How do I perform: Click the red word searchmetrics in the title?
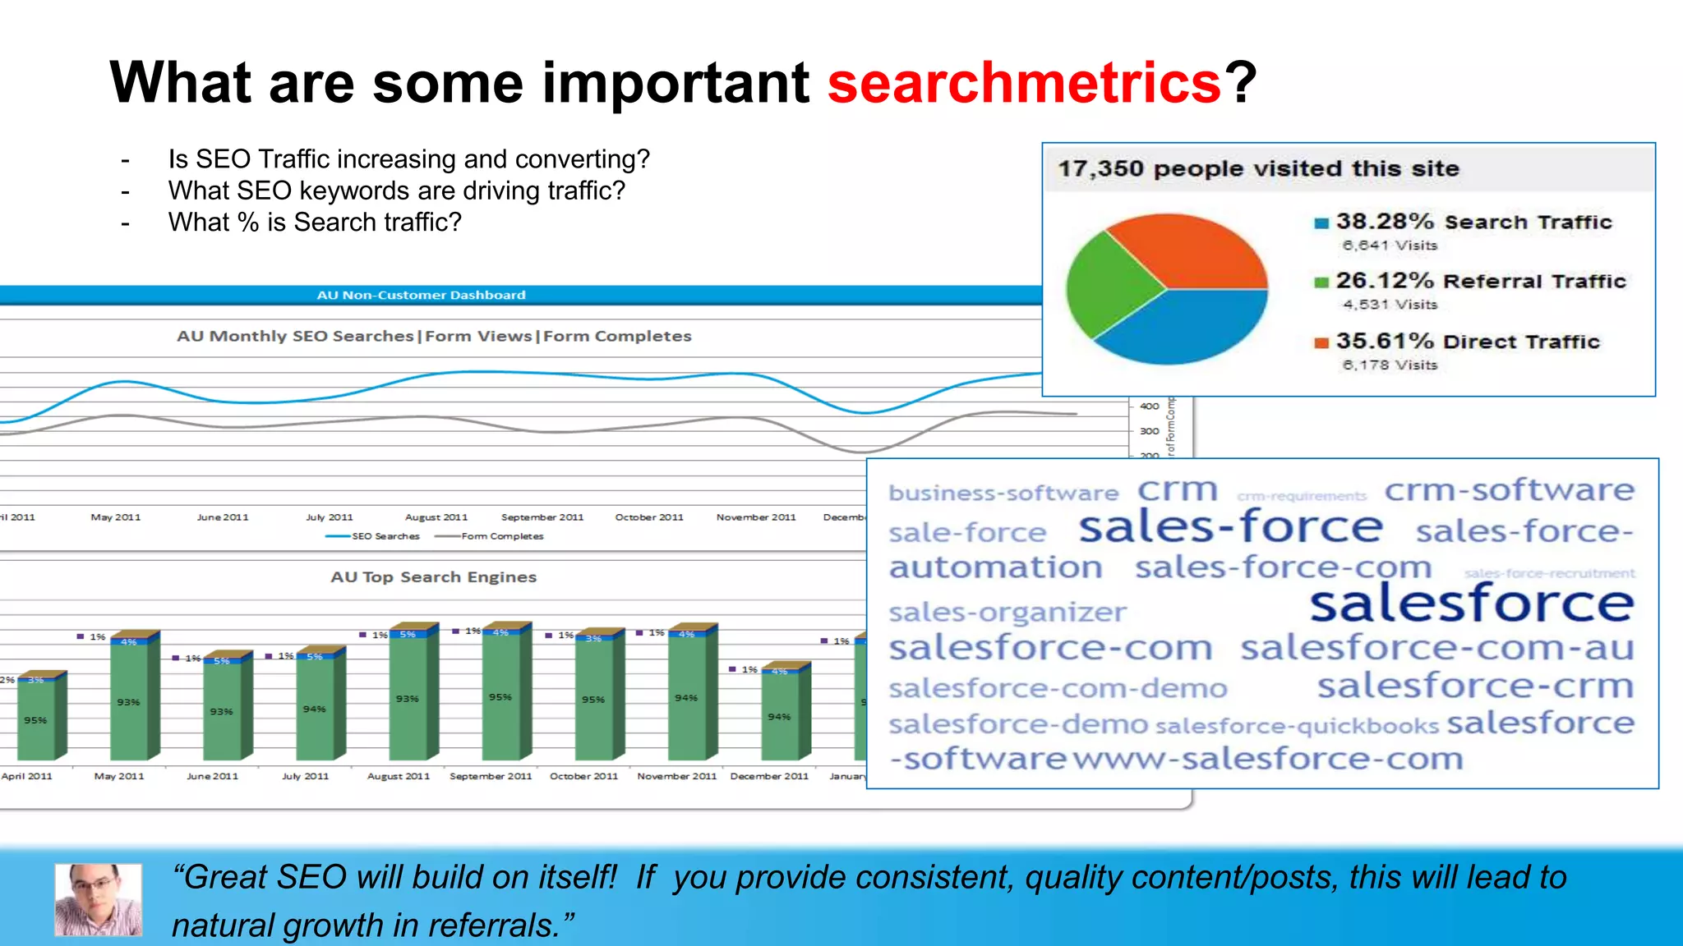click(1024, 83)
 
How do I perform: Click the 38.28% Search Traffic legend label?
click(1473, 222)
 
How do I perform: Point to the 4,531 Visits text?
click(1390, 305)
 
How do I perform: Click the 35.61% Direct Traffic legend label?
click(1467, 342)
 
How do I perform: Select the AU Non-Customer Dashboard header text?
click(421, 295)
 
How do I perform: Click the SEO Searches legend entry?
click(385, 536)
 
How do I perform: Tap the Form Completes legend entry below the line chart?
click(501, 536)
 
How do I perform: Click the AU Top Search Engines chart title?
click(433, 577)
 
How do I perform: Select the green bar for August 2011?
click(408, 698)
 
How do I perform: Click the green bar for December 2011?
click(779, 716)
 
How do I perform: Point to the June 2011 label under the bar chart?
click(212, 776)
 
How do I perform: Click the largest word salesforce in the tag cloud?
click(1471, 604)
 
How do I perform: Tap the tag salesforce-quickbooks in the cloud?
click(1297, 727)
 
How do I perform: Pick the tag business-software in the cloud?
click(1003, 494)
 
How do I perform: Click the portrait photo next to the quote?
click(98, 899)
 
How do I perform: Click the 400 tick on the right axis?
click(1149, 406)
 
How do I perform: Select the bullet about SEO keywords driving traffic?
click(396, 191)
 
